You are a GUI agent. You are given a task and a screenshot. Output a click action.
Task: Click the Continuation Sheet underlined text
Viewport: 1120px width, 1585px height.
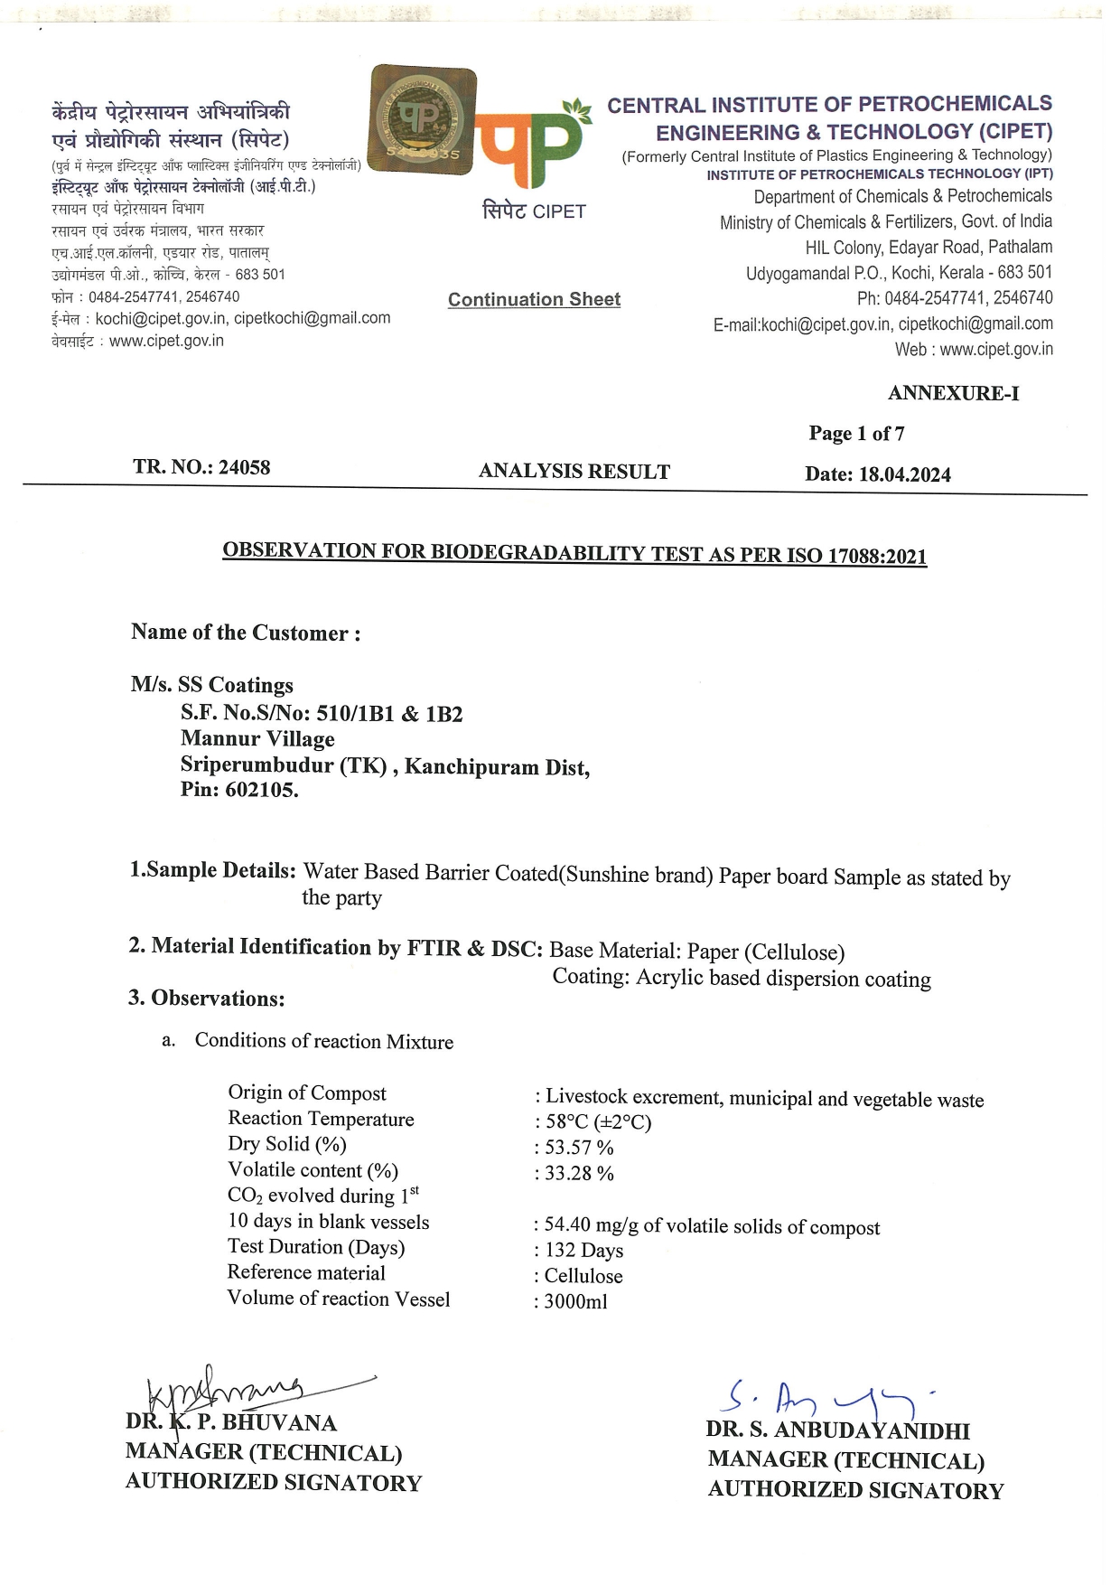[534, 300]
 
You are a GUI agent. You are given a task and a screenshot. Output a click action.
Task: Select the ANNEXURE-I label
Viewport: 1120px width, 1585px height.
[953, 393]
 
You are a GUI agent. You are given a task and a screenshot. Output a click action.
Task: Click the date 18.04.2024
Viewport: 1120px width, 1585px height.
[904, 475]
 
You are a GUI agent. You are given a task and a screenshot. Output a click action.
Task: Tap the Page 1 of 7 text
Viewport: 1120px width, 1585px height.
[856, 434]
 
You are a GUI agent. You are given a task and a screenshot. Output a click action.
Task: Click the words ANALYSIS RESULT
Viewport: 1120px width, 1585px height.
[574, 471]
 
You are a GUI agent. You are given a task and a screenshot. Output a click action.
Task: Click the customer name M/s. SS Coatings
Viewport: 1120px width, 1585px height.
[212, 685]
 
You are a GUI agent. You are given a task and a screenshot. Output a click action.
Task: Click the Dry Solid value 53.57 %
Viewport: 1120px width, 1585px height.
[579, 1148]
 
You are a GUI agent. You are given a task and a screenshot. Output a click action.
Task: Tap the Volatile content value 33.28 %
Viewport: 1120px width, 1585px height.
[579, 1174]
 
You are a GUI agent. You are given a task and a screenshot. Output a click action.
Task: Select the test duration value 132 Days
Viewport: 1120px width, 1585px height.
[583, 1251]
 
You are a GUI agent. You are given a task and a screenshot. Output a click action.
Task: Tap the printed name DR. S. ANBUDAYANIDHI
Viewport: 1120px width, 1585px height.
[838, 1430]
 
